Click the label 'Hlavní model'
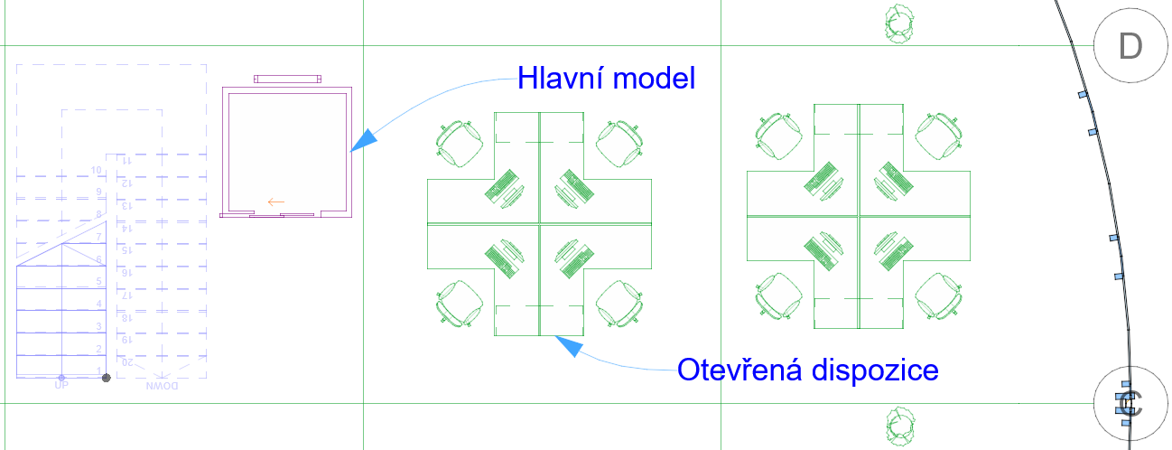point(606,79)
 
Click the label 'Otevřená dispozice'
point(808,370)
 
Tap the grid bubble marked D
point(1130,46)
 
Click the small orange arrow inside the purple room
point(276,202)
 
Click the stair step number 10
point(96,170)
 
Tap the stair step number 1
point(98,370)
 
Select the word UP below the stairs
point(61,386)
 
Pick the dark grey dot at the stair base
point(106,377)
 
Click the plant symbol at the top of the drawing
point(899,23)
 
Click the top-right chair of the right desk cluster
point(940,135)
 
